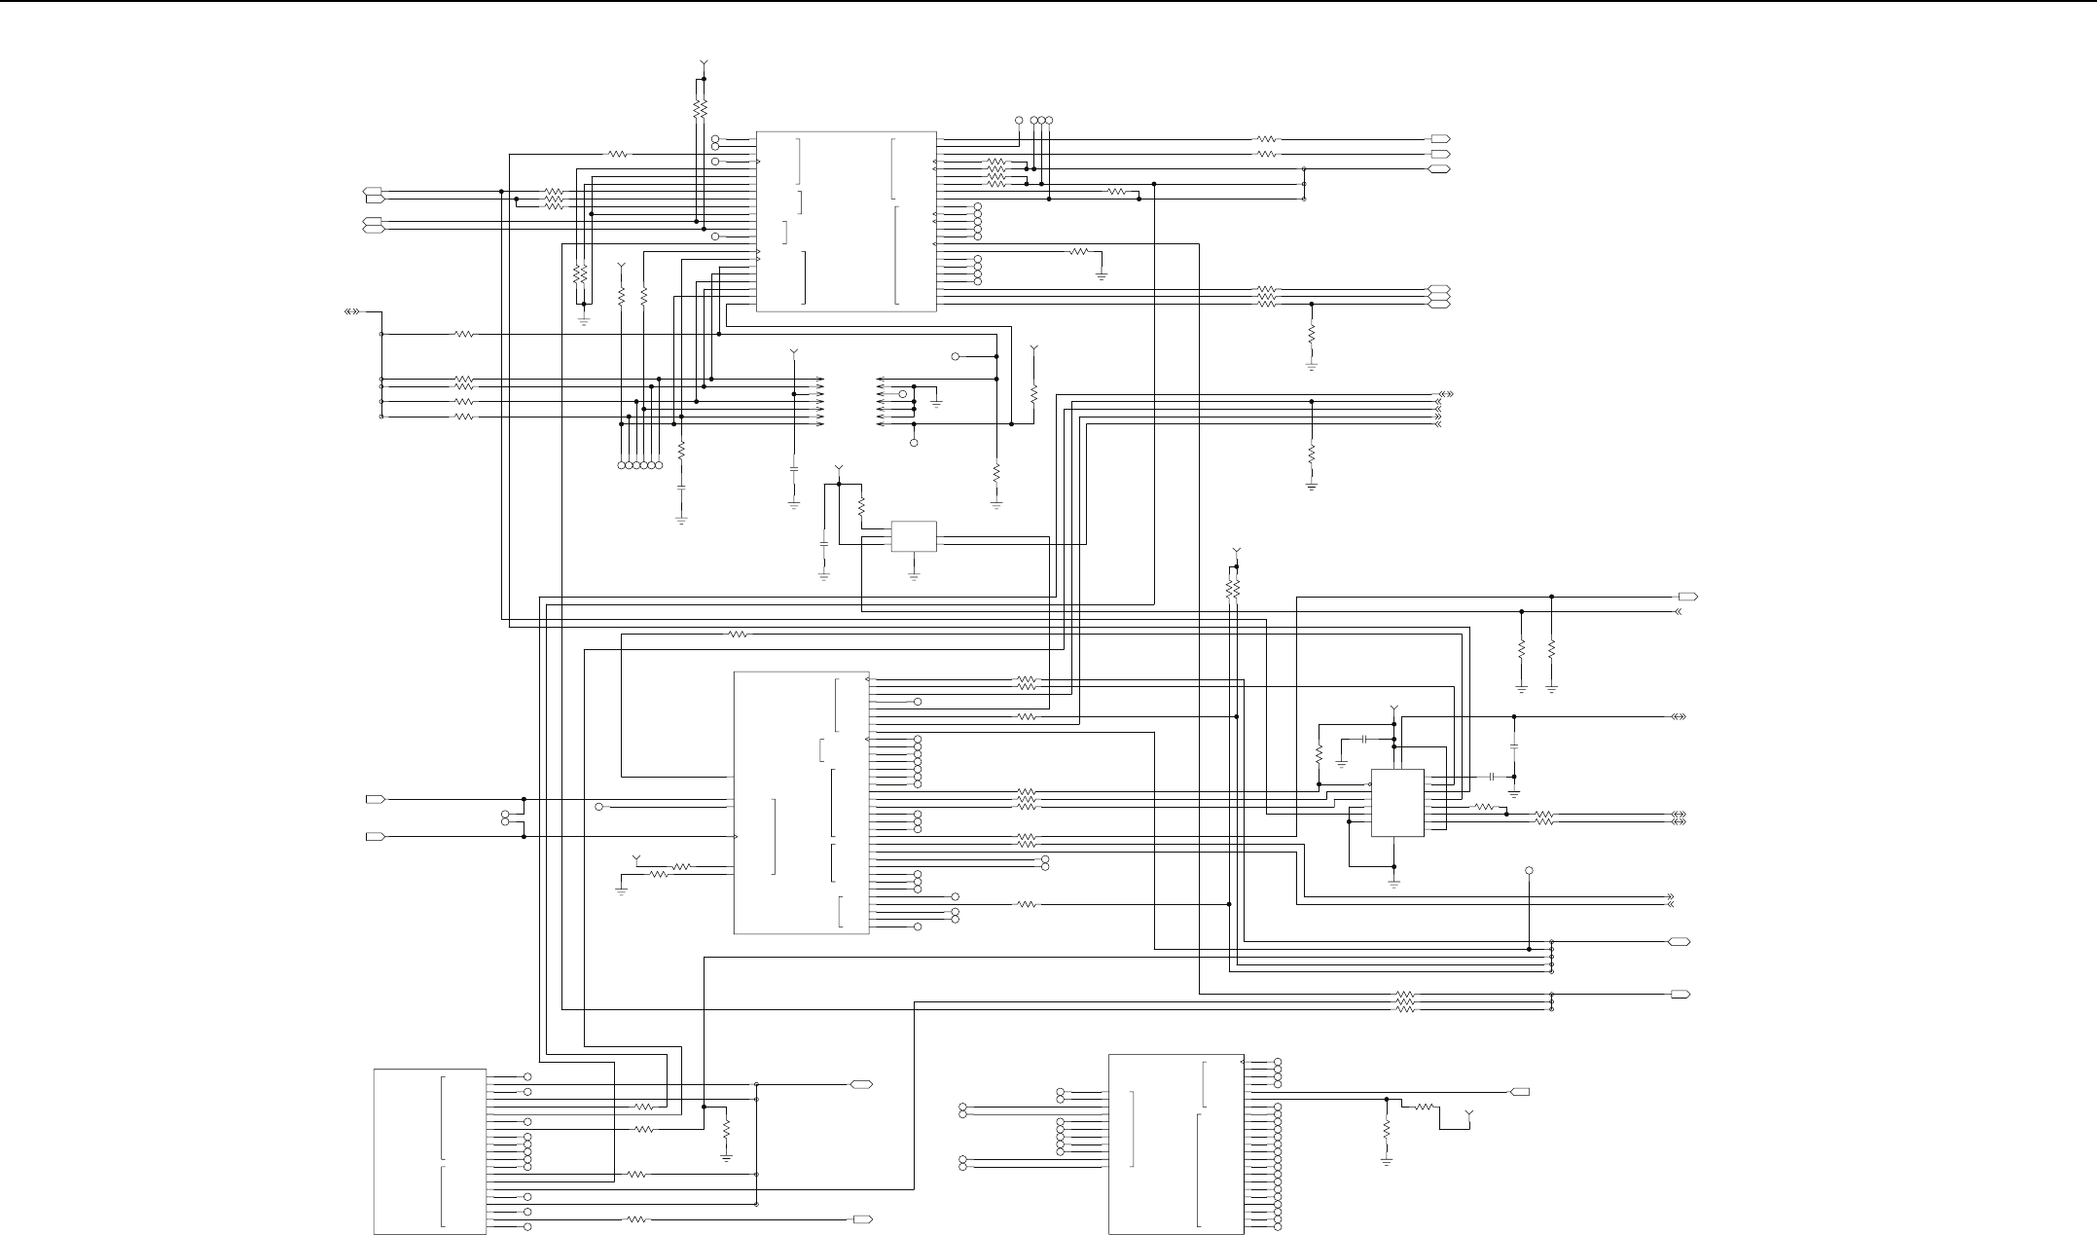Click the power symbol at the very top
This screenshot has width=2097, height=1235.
click(x=704, y=65)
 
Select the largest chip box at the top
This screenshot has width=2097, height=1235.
click(x=846, y=222)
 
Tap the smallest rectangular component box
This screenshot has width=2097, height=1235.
click(x=914, y=536)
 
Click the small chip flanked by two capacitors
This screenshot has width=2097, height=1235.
click(x=1397, y=803)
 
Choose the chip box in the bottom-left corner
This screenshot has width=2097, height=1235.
click(x=430, y=1151)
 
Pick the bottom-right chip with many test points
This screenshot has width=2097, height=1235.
click(x=1175, y=1144)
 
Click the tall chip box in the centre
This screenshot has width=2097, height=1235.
click(x=801, y=803)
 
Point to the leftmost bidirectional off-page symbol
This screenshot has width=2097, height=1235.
click(x=352, y=312)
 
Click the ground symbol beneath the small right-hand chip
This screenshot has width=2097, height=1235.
click(x=1393, y=883)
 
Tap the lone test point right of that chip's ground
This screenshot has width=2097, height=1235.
click(x=1529, y=870)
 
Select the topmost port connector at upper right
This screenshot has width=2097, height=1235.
click(x=1440, y=139)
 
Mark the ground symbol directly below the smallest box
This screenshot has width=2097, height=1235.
click(x=914, y=576)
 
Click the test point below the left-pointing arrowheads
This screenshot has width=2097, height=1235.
click(x=914, y=444)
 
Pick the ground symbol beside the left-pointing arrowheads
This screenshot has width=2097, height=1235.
click(x=937, y=401)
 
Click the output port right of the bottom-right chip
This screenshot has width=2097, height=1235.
click(x=1519, y=1092)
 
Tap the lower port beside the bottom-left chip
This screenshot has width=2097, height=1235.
click(x=862, y=1219)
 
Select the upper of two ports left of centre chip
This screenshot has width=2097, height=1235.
click(x=375, y=800)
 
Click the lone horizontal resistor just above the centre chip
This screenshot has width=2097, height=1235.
click(x=738, y=635)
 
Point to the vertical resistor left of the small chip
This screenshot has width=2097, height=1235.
click(x=1319, y=755)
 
